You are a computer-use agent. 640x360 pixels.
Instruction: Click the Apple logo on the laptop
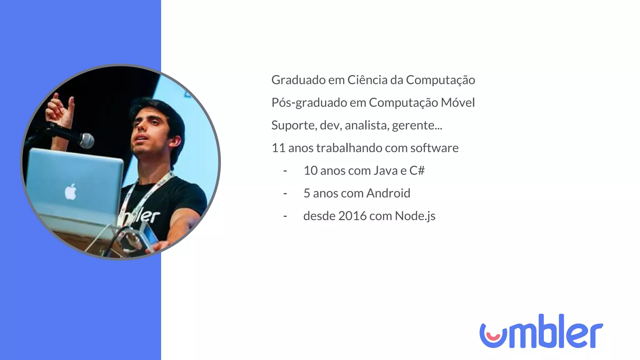[70, 192]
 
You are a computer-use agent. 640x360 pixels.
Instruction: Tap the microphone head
[86, 141]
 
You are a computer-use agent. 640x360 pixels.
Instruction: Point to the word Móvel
[457, 102]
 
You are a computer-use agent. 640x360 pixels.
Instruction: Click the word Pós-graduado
[309, 103]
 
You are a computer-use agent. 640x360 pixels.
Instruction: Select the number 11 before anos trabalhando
[278, 148]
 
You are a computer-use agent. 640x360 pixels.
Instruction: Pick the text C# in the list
[417, 171]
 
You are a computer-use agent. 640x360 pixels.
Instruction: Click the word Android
[388, 193]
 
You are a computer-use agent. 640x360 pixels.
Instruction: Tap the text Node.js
[415, 216]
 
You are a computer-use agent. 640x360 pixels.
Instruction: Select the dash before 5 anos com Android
[285, 194]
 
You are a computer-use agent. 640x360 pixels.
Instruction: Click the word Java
[386, 171]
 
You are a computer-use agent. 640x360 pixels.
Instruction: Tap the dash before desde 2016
[285, 216]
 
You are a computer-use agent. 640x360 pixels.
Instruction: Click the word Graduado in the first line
[298, 80]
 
